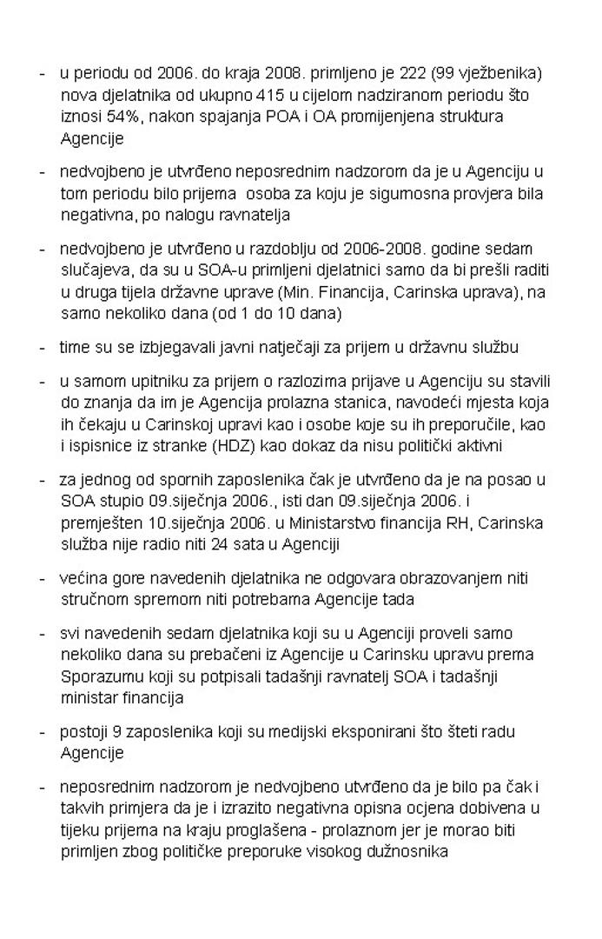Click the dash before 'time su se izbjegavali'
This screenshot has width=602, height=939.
(43, 348)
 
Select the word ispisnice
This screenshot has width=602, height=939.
(96, 447)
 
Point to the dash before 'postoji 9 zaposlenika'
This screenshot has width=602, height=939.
(43, 732)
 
